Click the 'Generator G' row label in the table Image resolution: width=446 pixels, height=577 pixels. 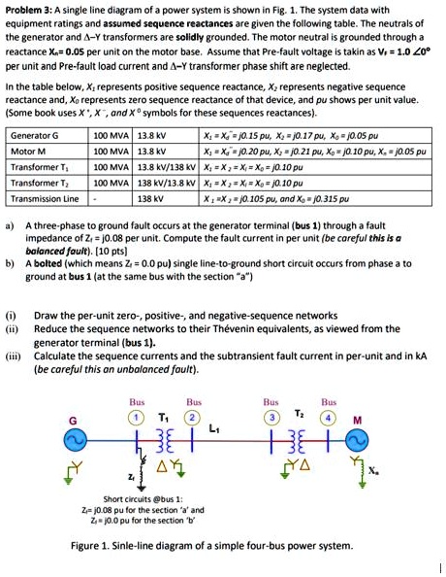click(34, 135)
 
